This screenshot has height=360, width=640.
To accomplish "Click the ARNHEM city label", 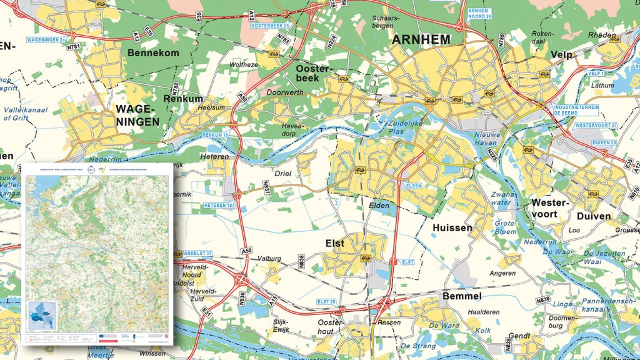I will (421, 40).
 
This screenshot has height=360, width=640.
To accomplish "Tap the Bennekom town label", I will (152, 53).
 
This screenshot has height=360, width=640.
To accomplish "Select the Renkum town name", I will (183, 99).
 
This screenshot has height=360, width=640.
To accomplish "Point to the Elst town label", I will (335, 244).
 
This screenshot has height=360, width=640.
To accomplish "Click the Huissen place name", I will (452, 228).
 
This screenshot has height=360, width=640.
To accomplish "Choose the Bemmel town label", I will (461, 296).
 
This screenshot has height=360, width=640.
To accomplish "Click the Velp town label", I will (561, 55).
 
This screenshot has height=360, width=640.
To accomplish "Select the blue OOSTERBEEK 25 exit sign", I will (270, 26).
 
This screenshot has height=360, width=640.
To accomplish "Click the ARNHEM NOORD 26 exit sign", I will (477, 13).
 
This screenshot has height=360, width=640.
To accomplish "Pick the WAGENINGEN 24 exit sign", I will (46, 40).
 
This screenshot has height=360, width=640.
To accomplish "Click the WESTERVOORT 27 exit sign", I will (596, 126).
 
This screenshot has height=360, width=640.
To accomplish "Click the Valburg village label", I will (269, 258).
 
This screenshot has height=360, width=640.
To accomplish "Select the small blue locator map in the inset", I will (42, 313).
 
